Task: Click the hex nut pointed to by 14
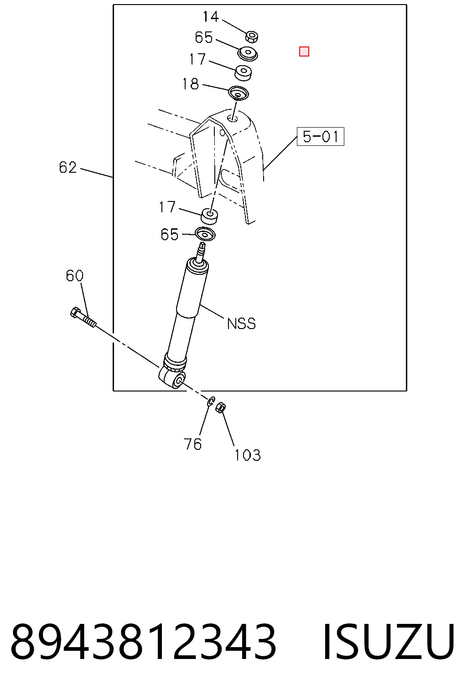pyautogui.click(x=251, y=36)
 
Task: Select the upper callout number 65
pyautogui.click(x=203, y=37)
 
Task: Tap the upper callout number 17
pyautogui.click(x=197, y=59)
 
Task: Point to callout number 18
pyautogui.click(x=190, y=84)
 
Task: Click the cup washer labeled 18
pyautogui.click(x=238, y=93)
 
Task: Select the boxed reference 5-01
pyautogui.click(x=320, y=137)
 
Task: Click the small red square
pyautogui.click(x=304, y=51)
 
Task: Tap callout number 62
pyautogui.click(x=67, y=168)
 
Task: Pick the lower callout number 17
pyautogui.click(x=167, y=207)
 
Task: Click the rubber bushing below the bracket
pyautogui.click(x=209, y=217)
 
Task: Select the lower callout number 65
pyautogui.click(x=169, y=234)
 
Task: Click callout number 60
pyautogui.click(x=74, y=276)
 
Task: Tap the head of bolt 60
pyautogui.click(x=75, y=312)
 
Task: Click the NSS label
pyautogui.click(x=241, y=324)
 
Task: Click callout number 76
pyautogui.click(x=192, y=444)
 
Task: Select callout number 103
pyautogui.click(x=248, y=455)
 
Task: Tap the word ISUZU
pyautogui.click(x=389, y=642)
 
